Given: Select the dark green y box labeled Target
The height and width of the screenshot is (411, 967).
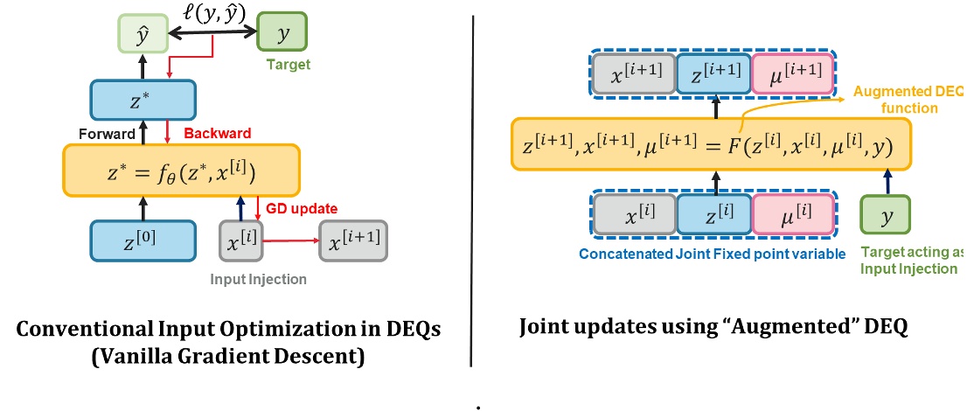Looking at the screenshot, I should coord(282,34).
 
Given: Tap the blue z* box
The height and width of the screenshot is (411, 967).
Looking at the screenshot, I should coord(136,100).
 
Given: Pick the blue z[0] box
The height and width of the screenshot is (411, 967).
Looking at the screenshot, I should coord(136,240).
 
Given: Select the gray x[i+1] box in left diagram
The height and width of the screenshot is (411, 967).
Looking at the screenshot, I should coord(353,240).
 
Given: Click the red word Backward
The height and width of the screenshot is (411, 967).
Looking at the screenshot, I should coord(217,134).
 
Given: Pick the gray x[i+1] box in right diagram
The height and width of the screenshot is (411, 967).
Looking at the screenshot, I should coord(636,73).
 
